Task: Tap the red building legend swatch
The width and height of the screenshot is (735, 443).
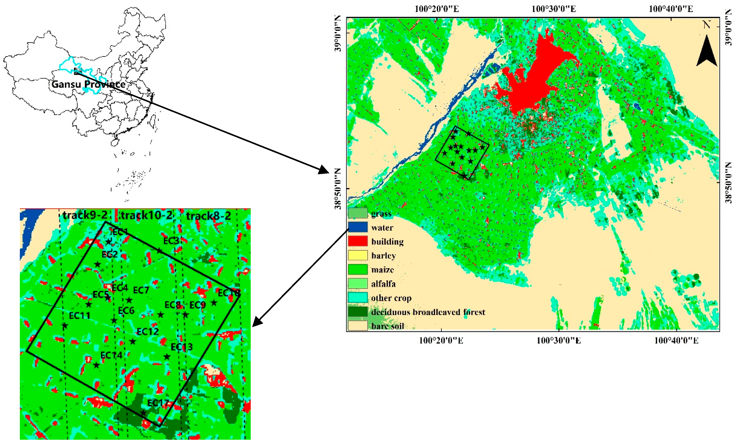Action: [x=358, y=241]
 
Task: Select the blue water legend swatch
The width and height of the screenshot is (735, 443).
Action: [x=358, y=227]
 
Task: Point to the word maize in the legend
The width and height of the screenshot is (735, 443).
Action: [x=382, y=270]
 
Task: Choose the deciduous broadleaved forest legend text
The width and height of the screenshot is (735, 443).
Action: [x=428, y=312]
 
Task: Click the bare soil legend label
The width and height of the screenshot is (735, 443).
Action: [x=388, y=326]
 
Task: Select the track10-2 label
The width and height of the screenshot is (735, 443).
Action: [x=146, y=215]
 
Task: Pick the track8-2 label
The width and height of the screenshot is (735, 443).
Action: [x=209, y=216]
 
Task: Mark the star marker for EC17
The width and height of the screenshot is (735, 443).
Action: [x=144, y=413]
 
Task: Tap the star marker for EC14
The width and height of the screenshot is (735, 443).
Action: [x=96, y=365]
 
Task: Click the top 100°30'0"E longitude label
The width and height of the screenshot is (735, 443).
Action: [x=554, y=9]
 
